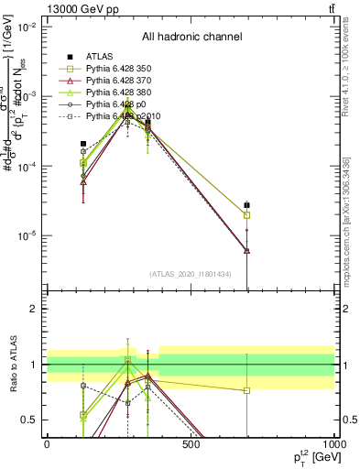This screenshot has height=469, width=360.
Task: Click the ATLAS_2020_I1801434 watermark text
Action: coord(190,274)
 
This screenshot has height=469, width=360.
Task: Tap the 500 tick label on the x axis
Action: coord(191,444)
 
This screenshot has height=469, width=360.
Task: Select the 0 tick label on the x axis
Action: coord(47,444)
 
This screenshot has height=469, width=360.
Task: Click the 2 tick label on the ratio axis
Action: coord(34,310)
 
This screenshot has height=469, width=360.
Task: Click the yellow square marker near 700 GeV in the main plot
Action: coord(247,215)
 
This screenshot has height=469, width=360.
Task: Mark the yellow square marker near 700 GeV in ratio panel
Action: coord(247,390)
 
